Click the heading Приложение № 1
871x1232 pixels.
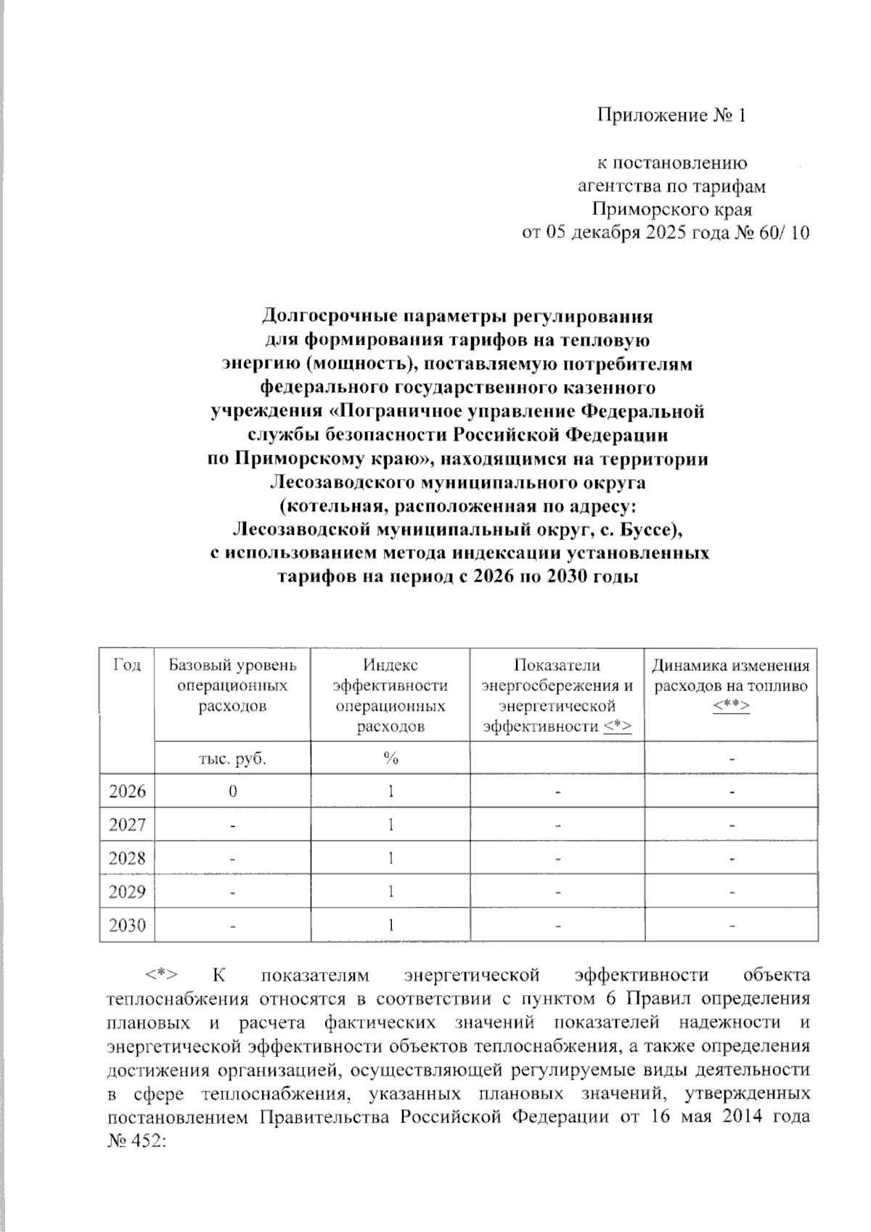point(671,115)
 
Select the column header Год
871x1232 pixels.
point(127,666)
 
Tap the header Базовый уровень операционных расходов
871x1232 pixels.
point(232,685)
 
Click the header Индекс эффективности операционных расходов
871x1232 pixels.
point(390,695)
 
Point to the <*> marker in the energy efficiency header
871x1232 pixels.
point(618,727)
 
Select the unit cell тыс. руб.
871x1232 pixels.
point(232,759)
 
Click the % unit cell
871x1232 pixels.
point(390,759)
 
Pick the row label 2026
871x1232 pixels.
point(127,791)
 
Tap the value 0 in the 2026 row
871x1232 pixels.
point(232,791)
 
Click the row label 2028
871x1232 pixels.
point(127,859)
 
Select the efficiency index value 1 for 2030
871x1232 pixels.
point(390,926)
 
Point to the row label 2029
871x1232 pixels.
point(127,892)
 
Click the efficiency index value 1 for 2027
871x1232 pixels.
point(390,825)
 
